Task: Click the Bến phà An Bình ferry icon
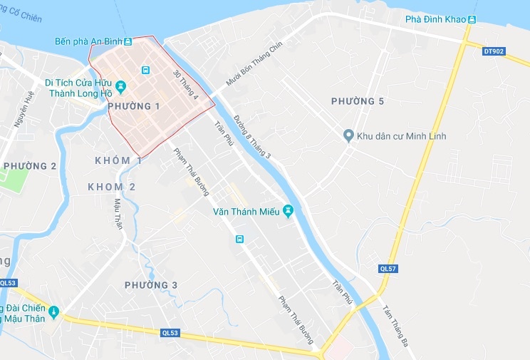tap(128, 42)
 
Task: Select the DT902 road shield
tap(493, 51)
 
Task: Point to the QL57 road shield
tap(388, 268)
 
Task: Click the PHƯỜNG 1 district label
tap(133, 106)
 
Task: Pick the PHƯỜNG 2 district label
tap(30, 166)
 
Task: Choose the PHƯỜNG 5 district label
tap(358, 101)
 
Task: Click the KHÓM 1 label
tap(119, 160)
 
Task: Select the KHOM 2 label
tap(112, 187)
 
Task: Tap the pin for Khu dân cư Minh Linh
tap(348, 135)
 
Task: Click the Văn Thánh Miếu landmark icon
tap(288, 212)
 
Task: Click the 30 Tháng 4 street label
tap(185, 84)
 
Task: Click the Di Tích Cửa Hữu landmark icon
tap(120, 87)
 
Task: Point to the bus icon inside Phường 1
tap(145, 70)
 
